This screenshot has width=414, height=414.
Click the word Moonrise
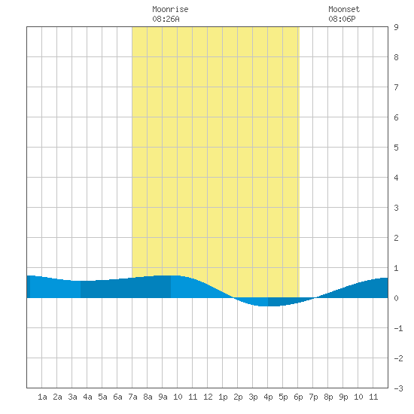pos(170,9)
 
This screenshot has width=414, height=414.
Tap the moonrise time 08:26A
pos(166,19)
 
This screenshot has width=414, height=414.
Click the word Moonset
pos(344,9)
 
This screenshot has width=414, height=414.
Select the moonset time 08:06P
pos(342,19)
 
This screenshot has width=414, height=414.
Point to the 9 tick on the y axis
pos(396,27)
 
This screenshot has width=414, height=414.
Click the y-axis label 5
pos(396,148)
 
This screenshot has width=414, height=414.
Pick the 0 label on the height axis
pos(396,298)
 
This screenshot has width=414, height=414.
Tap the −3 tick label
pos(398,388)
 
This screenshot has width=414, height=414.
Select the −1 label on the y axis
pos(398,328)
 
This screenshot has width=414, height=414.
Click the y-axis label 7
pos(396,87)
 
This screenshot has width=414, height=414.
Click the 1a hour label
pos(42,397)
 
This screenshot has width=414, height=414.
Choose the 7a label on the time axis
pos(132,397)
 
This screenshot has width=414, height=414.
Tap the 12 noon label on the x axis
pos(208,397)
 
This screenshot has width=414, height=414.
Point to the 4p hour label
pos(268,397)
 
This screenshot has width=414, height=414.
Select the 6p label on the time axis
pos(298,397)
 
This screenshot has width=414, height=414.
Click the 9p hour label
pos(343,397)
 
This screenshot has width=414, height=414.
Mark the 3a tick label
pos(72,397)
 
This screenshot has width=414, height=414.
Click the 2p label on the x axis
pos(238,397)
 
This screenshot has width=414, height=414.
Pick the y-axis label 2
pos(396,238)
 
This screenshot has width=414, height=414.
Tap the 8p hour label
pos(328,397)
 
